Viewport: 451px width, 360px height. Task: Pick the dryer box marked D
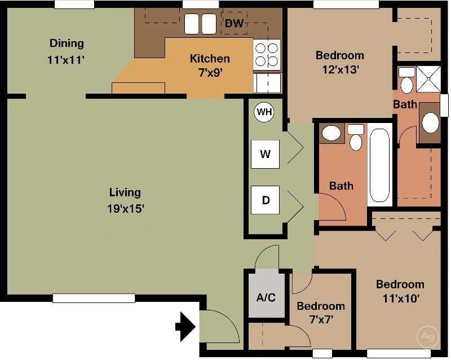click(264, 200)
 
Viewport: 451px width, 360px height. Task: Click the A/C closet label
click(266, 297)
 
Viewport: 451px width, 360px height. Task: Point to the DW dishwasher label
click(234, 24)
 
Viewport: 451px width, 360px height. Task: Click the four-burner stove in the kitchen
click(267, 55)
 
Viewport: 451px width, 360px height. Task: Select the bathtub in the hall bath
click(379, 165)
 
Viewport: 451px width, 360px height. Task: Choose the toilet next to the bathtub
click(355, 139)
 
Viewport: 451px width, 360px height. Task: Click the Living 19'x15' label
click(125, 200)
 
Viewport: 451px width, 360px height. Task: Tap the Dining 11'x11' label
click(67, 51)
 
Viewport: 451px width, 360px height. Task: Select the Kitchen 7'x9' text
click(209, 65)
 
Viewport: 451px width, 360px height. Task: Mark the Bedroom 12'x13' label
click(339, 62)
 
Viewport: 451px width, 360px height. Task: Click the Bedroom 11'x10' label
click(400, 291)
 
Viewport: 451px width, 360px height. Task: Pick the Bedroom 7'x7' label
click(320, 313)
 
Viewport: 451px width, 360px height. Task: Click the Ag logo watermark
click(427, 337)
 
